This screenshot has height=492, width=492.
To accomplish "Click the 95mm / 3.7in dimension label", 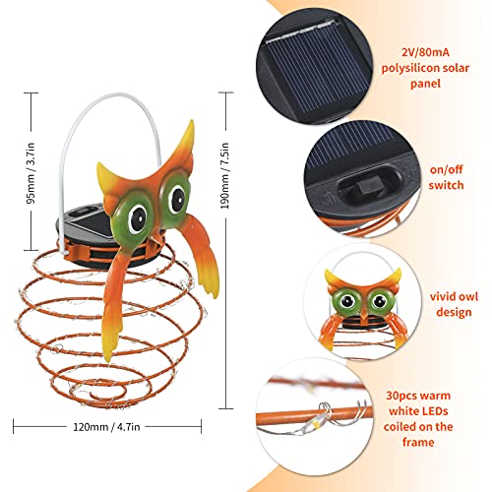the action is click(31, 173).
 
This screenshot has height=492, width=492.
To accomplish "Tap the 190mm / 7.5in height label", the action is click(225, 175).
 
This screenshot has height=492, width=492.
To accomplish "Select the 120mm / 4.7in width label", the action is click(106, 427).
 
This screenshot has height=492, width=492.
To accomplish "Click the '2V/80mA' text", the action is click(425, 52).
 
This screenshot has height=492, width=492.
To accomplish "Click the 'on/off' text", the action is click(446, 169).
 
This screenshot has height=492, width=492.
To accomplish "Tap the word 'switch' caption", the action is click(446, 185).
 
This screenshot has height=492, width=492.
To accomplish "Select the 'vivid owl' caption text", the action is click(454, 296).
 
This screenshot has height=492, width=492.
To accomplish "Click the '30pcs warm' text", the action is click(418, 396).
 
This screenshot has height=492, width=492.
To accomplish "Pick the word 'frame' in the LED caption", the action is click(418, 442).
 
